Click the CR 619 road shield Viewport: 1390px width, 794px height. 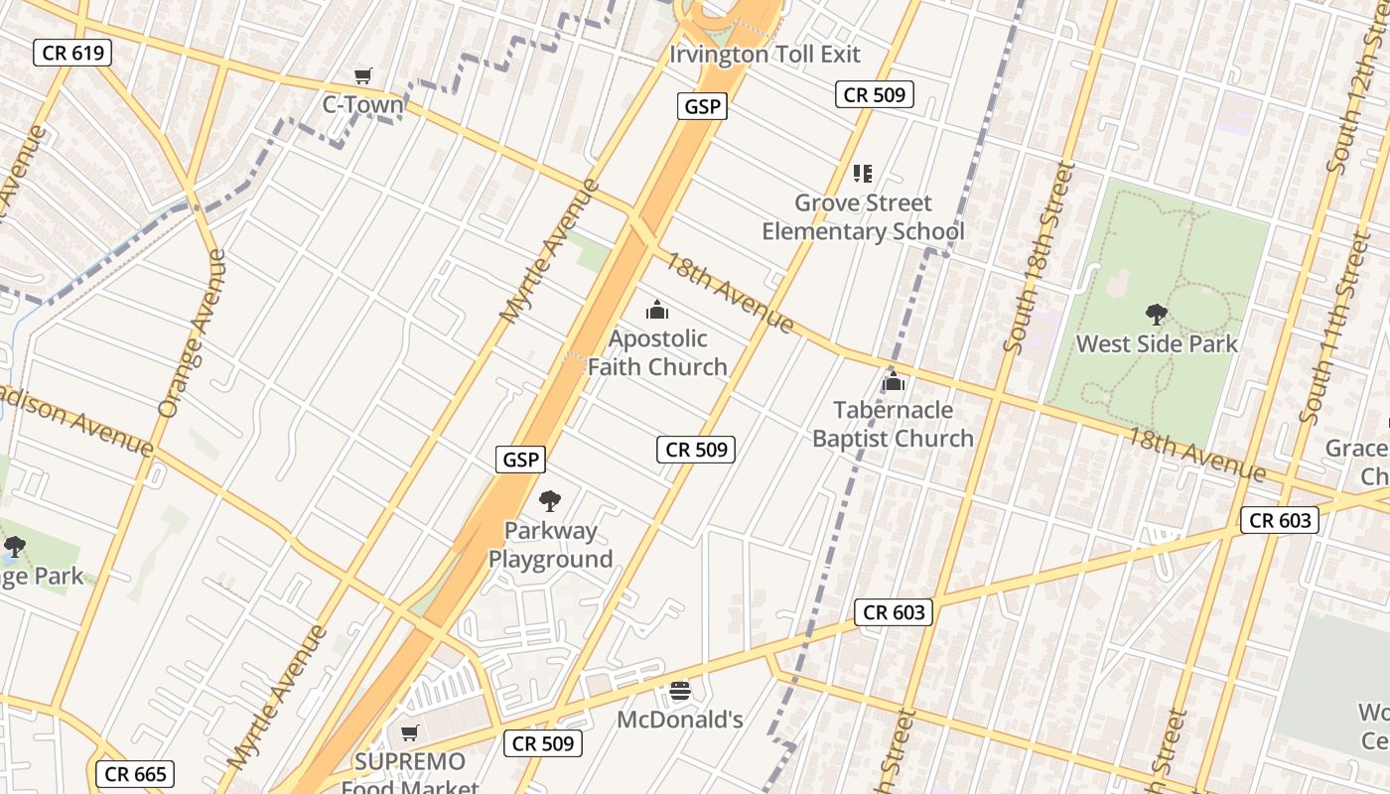pos(72,53)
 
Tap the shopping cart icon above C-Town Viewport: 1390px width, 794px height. pos(363,76)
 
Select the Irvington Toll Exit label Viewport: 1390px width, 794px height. pos(764,54)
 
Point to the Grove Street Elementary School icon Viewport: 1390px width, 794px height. pos(863,174)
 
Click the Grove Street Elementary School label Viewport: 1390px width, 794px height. pos(863,217)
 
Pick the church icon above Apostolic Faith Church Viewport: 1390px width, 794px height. pos(657,311)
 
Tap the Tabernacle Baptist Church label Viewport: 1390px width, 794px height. pos(893,424)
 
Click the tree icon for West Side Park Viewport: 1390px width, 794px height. pos(1156,316)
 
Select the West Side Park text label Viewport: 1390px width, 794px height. pos(1157,344)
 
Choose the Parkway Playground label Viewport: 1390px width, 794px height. pos(550,545)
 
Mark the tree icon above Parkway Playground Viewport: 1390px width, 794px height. pos(549,501)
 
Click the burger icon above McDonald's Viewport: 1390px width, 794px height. pos(680,691)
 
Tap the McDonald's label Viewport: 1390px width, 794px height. pos(680,720)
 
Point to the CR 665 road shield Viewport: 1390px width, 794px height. pos(135,774)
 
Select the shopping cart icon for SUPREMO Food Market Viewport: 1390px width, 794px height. pos(409,733)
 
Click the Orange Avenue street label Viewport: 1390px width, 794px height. pos(193,332)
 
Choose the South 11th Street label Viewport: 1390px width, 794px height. pos(1333,328)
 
